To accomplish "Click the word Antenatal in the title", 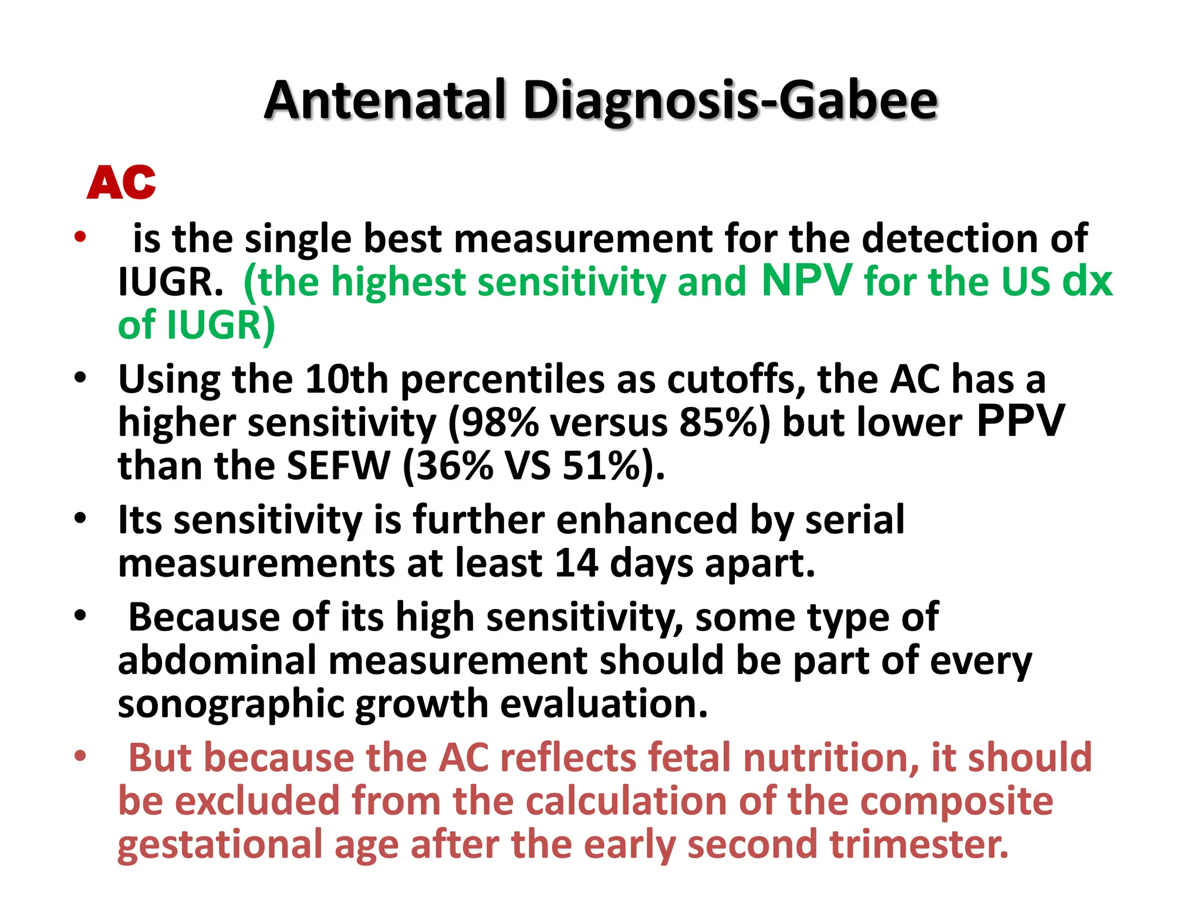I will click(385, 100).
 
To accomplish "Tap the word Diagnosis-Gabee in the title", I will click(730, 101).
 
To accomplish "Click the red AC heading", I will click(121, 182).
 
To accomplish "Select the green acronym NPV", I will click(806, 280).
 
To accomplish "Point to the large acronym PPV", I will click(1020, 421).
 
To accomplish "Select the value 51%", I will click(601, 466).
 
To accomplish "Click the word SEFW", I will click(339, 466).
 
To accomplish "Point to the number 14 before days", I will click(576, 563).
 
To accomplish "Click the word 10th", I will click(347, 380).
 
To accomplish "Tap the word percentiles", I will click(502, 380).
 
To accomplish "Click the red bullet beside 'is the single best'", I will click(80, 238).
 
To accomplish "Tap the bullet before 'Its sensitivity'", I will click(80, 519).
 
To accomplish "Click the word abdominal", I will click(217, 660).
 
